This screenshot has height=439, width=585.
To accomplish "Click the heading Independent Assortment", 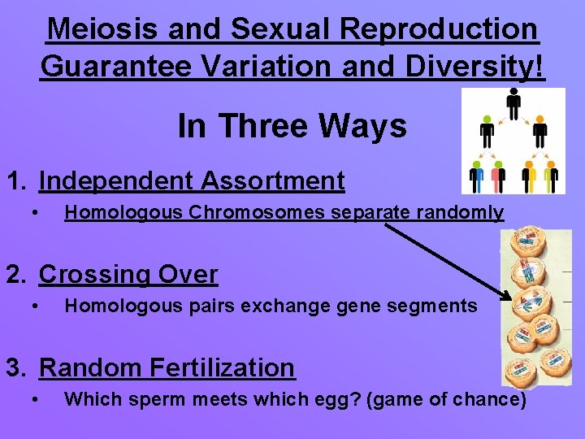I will point(192,180).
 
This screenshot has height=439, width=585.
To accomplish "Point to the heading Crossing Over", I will point(128,275).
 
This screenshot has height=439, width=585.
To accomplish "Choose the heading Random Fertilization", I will point(167,367).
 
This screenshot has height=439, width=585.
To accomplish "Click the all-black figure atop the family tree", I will point(513,103).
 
